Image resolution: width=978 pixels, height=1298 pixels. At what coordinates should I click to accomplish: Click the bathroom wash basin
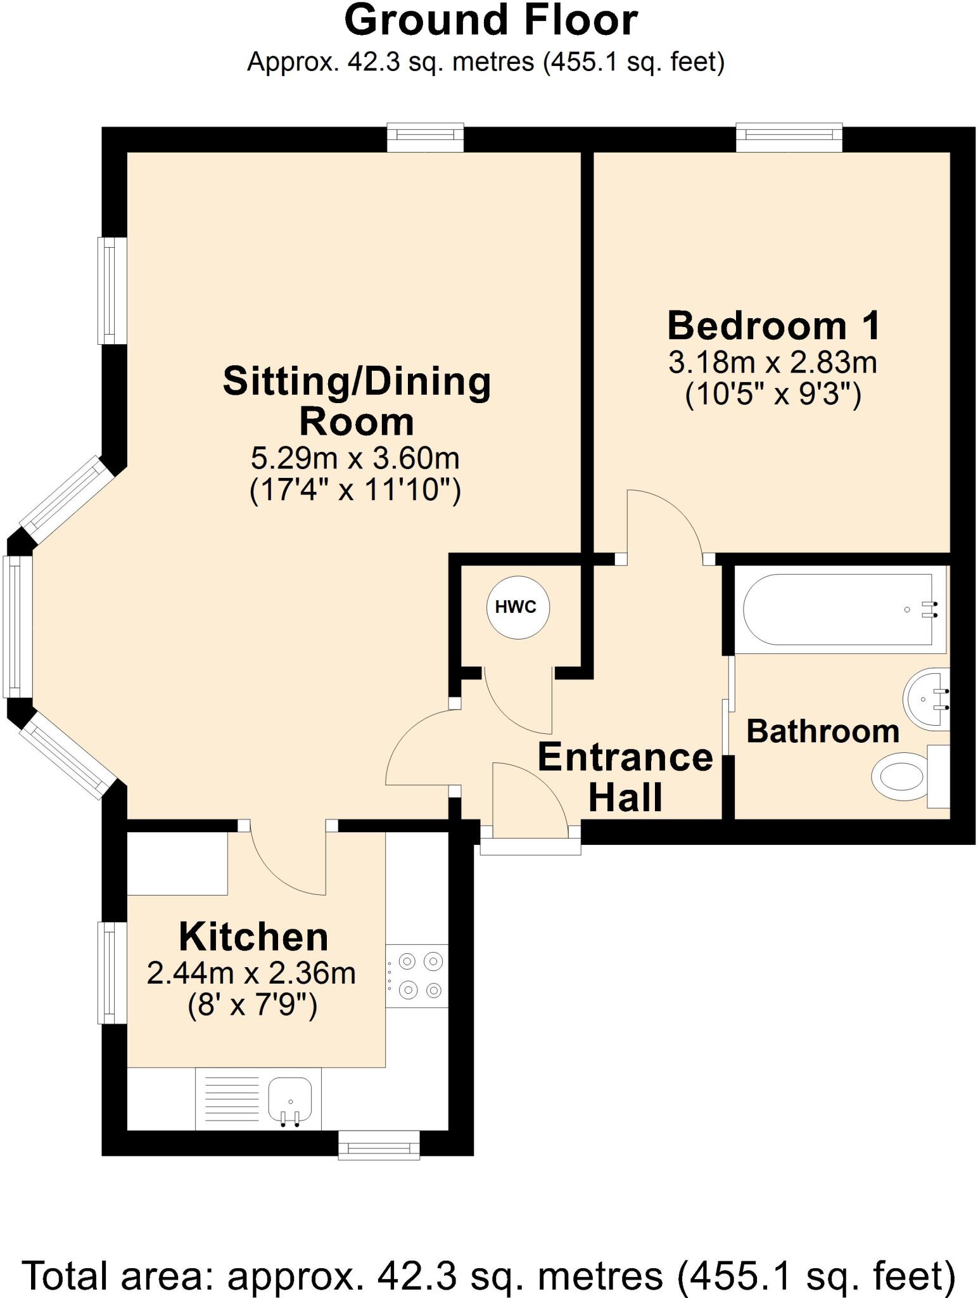pyautogui.click(x=926, y=699)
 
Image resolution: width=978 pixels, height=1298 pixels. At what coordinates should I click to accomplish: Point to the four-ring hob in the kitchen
pyautogui.click(x=417, y=975)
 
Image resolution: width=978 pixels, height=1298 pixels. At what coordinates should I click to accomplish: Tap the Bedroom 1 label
pyautogui.click(x=773, y=326)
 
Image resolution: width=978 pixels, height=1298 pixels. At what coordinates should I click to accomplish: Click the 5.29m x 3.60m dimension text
pyautogui.click(x=355, y=458)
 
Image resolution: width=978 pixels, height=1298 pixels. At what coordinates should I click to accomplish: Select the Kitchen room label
pyautogui.click(x=253, y=937)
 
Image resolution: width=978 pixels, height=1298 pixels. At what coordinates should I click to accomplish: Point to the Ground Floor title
pyautogui.click(x=490, y=21)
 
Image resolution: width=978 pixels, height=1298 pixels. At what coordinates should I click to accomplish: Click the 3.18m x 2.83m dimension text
pyautogui.click(x=773, y=363)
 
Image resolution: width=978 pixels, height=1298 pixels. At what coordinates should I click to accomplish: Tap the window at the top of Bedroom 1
pyautogui.click(x=789, y=138)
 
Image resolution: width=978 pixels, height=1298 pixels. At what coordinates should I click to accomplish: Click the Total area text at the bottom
pyautogui.click(x=489, y=1275)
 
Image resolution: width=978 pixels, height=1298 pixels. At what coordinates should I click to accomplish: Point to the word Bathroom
pyautogui.click(x=822, y=731)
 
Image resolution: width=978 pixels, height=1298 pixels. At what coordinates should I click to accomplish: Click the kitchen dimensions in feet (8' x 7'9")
pyautogui.click(x=252, y=1005)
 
